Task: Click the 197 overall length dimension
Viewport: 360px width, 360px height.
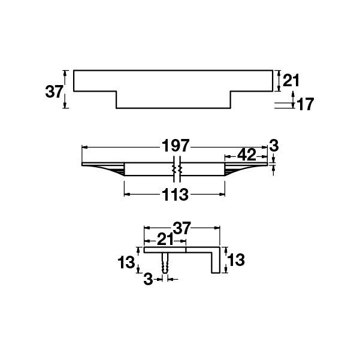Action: pos(175,146)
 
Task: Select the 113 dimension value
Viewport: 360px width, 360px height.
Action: pos(175,195)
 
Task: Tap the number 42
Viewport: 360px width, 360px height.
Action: pos(247,155)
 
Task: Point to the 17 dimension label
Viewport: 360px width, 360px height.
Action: pos(305,104)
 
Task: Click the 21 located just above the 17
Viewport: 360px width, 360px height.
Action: pos(291,80)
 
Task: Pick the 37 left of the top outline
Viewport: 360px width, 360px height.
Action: pos(55,91)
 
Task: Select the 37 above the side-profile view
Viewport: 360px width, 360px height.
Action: pos(181,228)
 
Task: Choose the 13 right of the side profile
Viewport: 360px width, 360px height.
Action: pos(237,260)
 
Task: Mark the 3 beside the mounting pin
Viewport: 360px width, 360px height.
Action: pos(149,279)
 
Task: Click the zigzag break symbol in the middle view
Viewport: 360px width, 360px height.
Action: pos(177,170)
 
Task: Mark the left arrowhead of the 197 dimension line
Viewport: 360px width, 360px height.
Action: pos(84,146)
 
